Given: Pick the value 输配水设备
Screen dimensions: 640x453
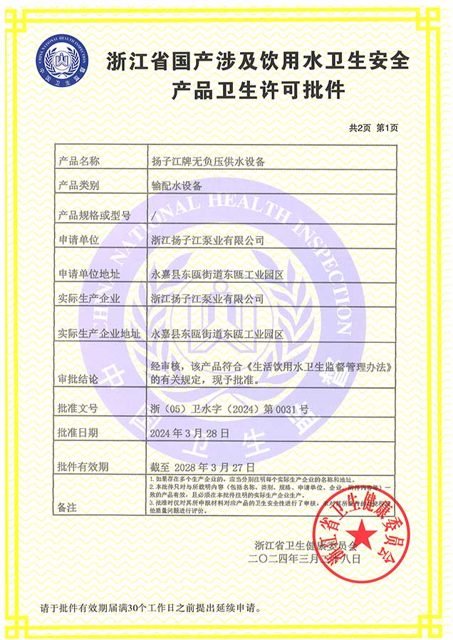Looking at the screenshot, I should click(x=177, y=185).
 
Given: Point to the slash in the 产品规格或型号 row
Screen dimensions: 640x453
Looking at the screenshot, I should click(x=154, y=215).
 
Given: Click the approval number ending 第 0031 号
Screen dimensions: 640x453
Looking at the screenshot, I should click(x=230, y=409).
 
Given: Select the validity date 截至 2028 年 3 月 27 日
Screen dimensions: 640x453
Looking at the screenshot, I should click(x=193, y=466).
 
